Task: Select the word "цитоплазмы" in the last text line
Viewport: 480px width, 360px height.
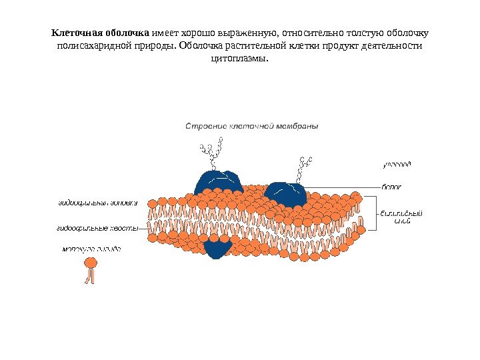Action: tap(238, 59)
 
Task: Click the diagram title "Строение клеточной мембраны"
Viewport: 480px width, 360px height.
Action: tap(251, 125)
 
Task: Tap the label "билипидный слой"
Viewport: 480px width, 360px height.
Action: tap(401, 217)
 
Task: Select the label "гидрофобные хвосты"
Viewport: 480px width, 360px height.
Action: tap(96, 228)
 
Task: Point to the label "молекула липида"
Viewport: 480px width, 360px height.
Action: tap(92, 249)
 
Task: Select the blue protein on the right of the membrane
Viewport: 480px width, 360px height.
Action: tap(286, 194)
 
